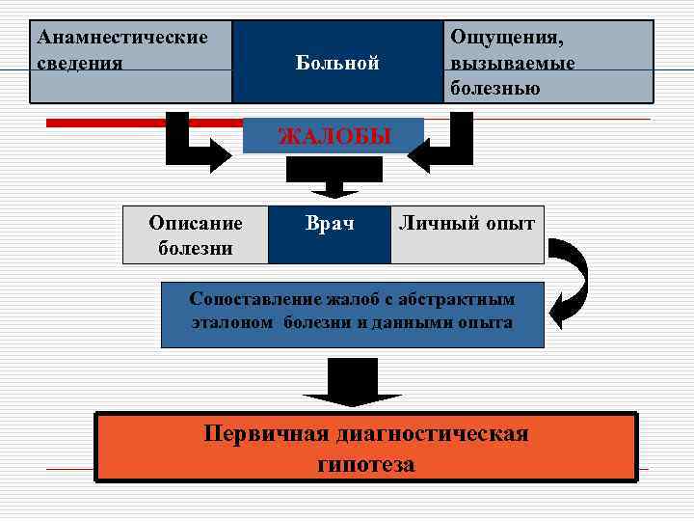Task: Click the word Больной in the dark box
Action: (x=336, y=64)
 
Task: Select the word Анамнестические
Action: (x=121, y=38)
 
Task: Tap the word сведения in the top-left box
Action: (x=79, y=63)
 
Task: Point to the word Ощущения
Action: (x=508, y=38)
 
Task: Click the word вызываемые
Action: (x=512, y=63)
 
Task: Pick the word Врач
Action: (x=329, y=224)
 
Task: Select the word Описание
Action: (x=196, y=223)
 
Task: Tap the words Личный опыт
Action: (x=467, y=224)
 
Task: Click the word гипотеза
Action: (x=366, y=464)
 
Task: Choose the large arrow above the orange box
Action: (x=350, y=382)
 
